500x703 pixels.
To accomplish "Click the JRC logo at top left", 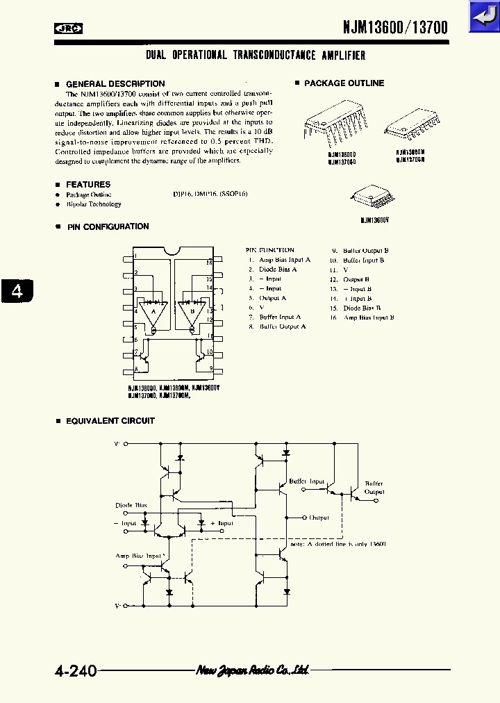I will pyautogui.click(x=69, y=28).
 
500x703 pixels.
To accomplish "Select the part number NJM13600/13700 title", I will pyautogui.click(x=395, y=27).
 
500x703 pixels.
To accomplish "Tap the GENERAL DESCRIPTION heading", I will pyautogui.click(x=115, y=83).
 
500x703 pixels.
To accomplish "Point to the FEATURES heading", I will pyautogui.click(x=87, y=184).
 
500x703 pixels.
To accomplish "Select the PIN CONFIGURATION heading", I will pyautogui.click(x=108, y=226).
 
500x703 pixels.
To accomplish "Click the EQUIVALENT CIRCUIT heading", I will pyautogui.click(x=110, y=421).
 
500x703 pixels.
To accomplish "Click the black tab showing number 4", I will pyautogui.click(x=17, y=290).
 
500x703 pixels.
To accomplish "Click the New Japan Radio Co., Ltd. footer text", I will pyautogui.click(x=252, y=670).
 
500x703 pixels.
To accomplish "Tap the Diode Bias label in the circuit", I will pyautogui.click(x=131, y=505).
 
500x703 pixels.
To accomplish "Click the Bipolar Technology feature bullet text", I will pyautogui.click(x=94, y=204).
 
